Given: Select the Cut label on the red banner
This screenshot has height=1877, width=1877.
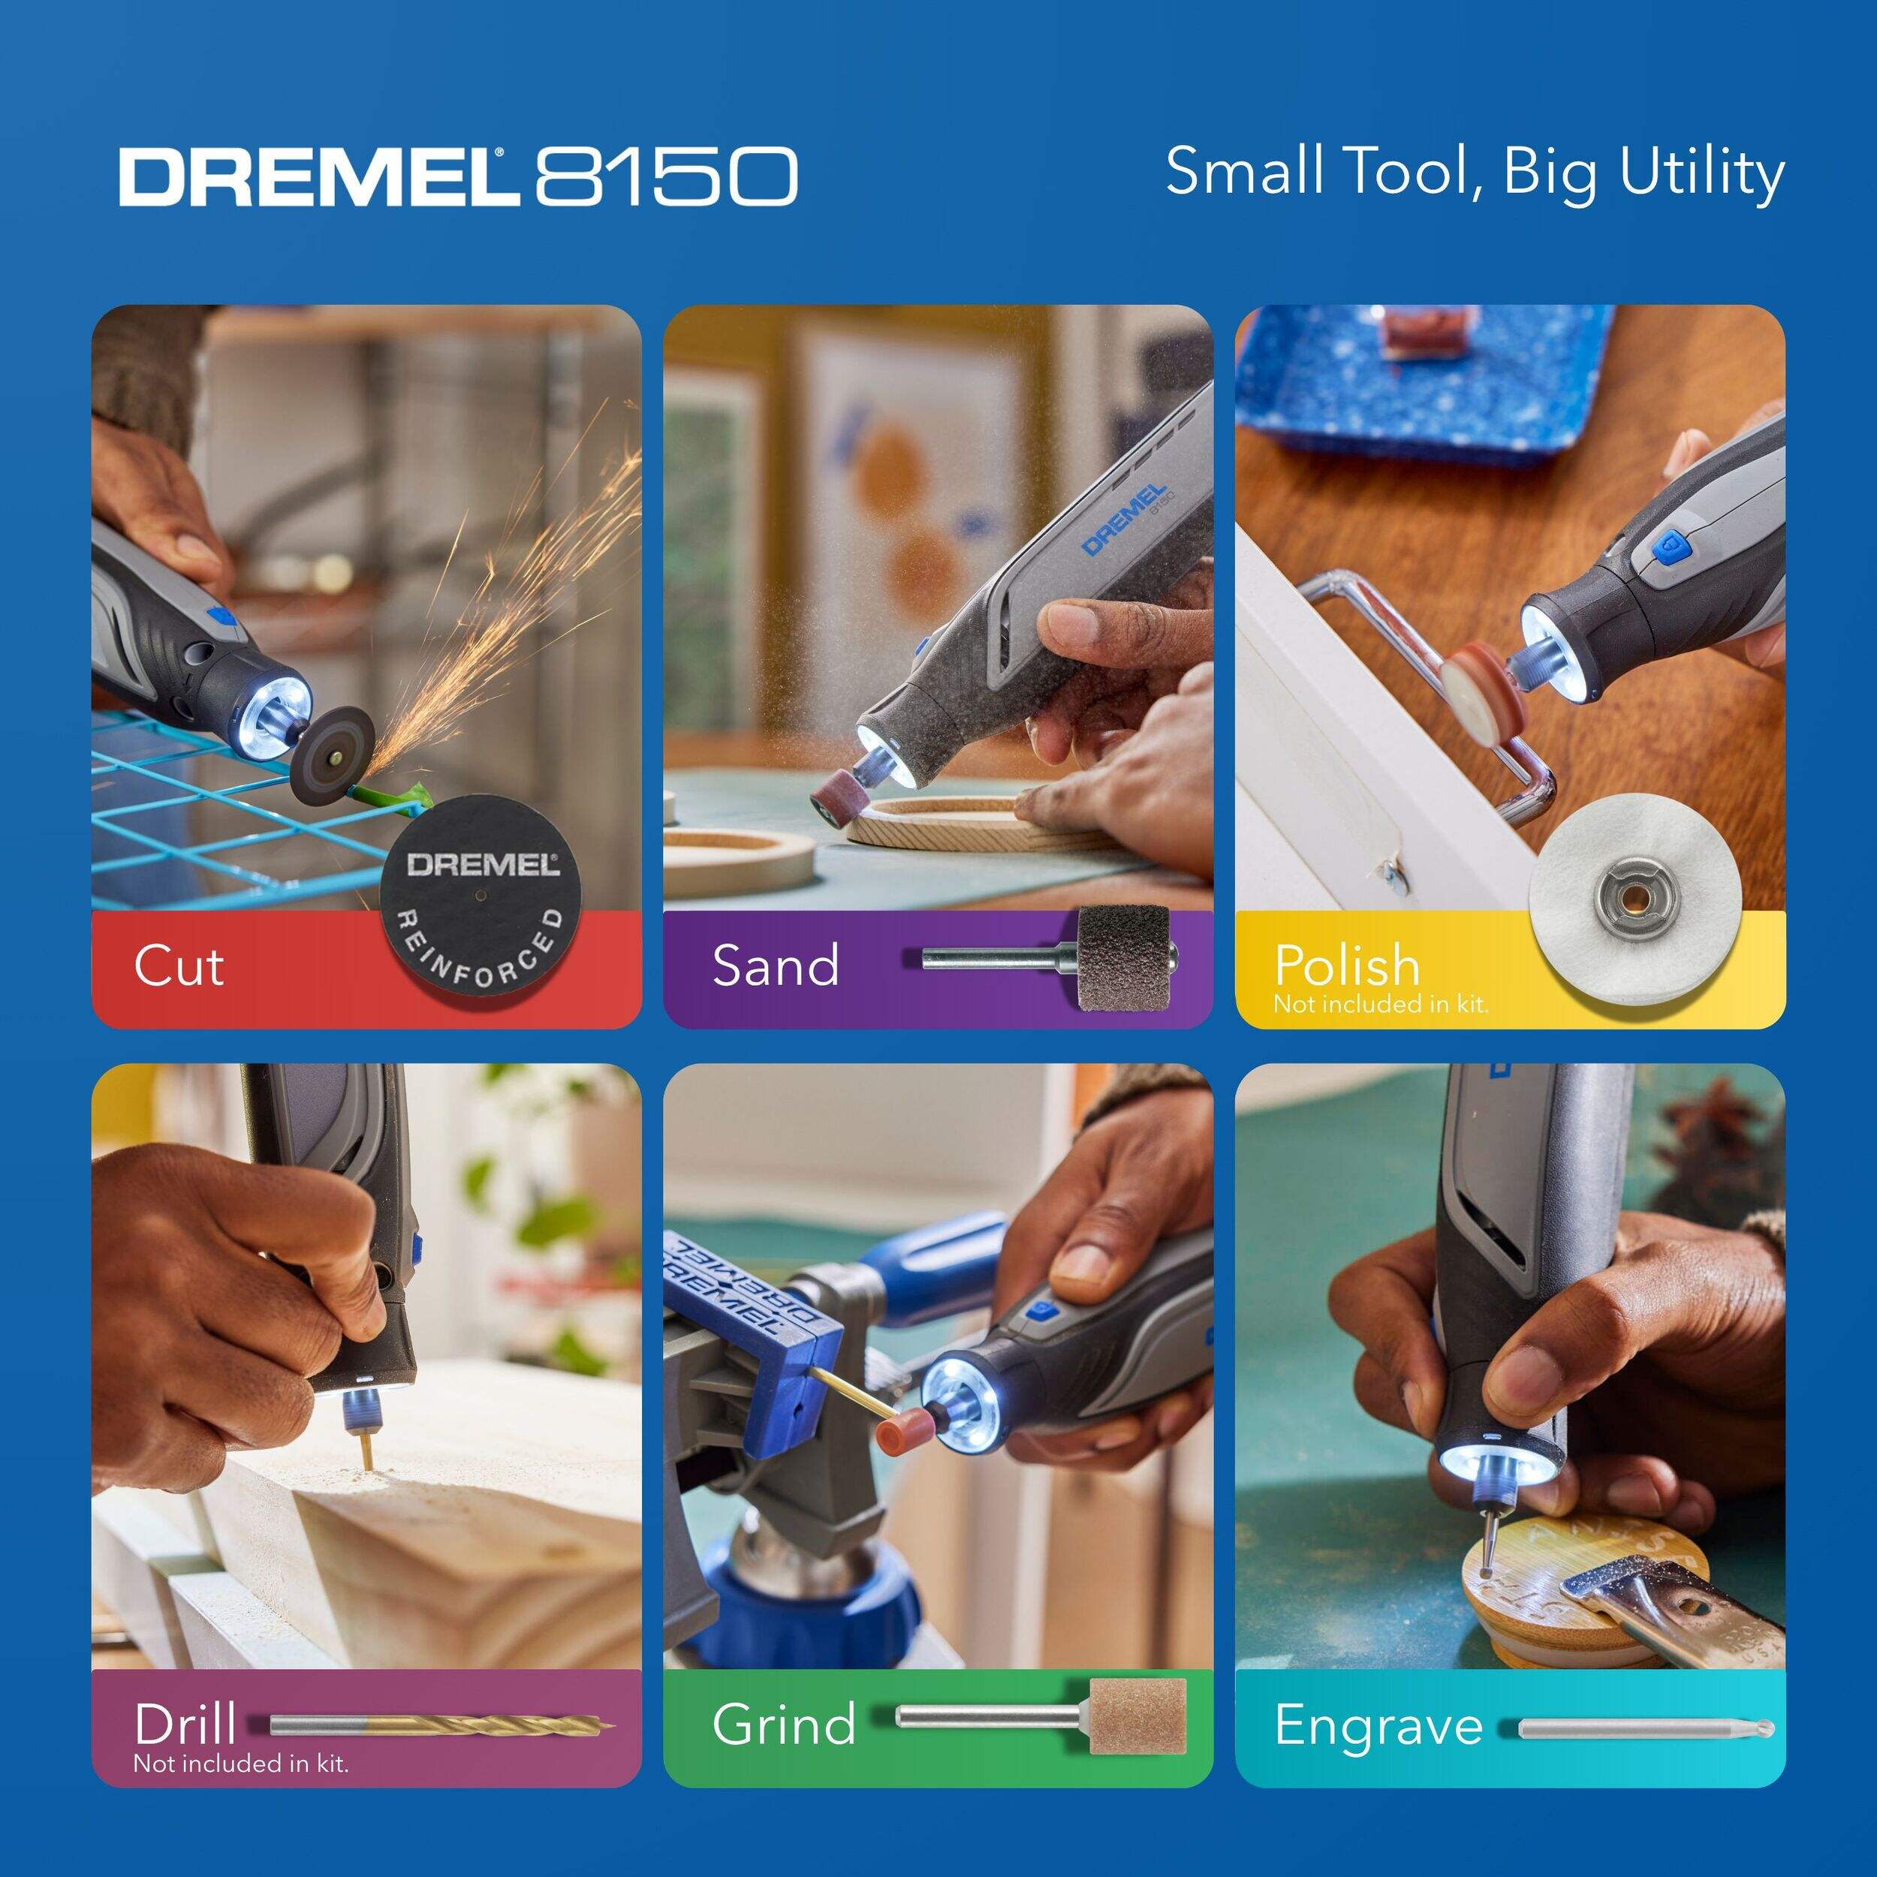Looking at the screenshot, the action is (179, 966).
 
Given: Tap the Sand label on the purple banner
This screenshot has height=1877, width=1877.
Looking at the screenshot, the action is (776, 966).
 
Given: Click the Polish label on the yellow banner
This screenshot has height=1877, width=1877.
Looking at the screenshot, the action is (1346, 966).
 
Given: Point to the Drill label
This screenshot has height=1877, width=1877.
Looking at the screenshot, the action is (185, 1725).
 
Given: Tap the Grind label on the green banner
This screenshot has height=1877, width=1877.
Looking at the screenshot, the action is (783, 1725).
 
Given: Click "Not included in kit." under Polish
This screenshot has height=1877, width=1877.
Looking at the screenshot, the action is (1381, 1004).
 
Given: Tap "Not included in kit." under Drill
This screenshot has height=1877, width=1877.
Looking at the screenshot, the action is (241, 1762).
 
